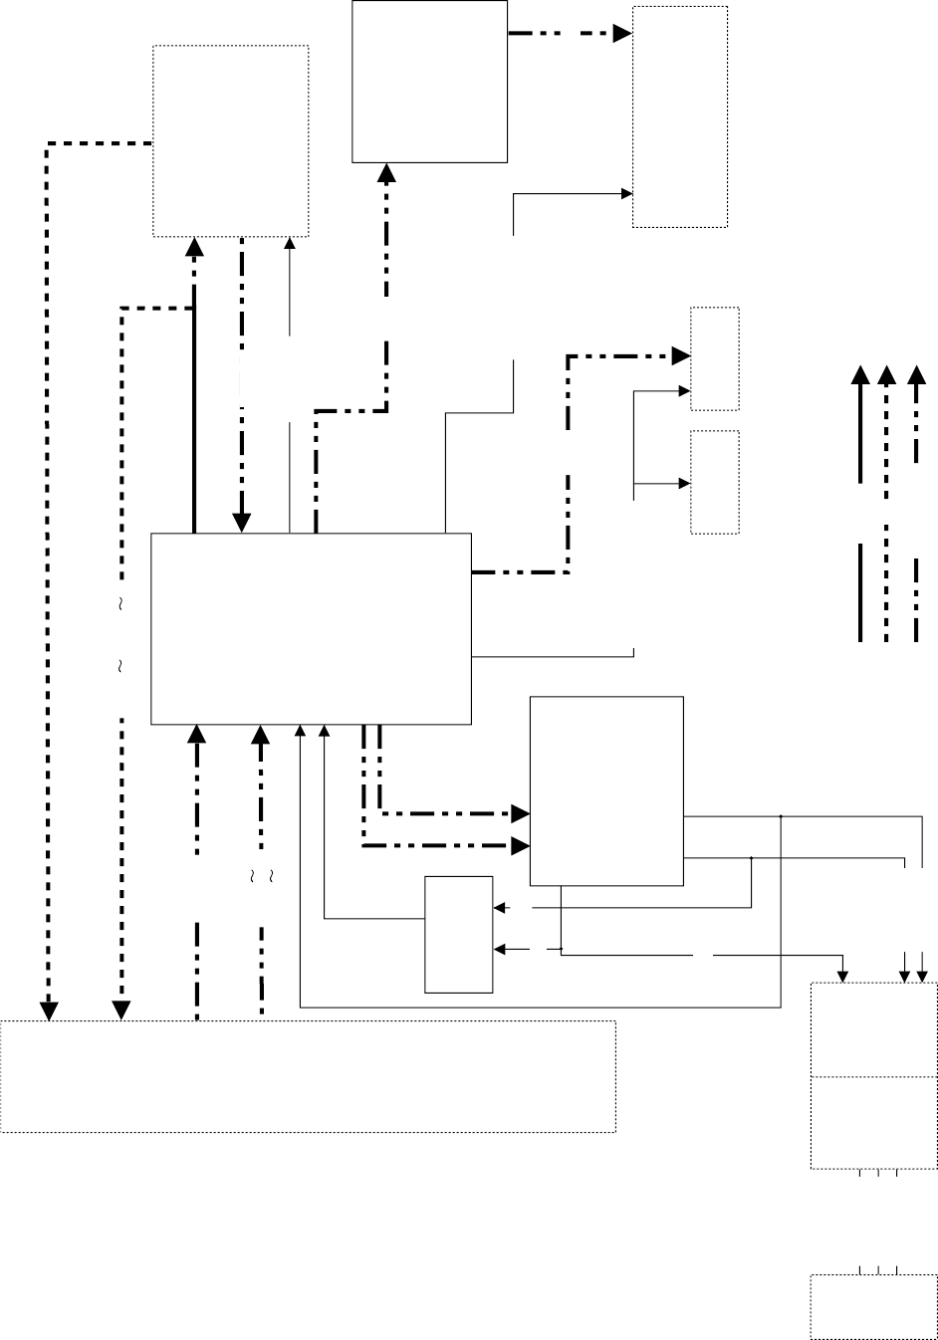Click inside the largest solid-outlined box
coord(310,628)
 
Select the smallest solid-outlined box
coord(459,934)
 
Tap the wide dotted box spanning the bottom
coord(308,1076)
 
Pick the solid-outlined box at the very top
coord(430,81)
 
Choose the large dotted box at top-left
coord(230,140)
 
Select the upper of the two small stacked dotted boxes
coord(715,358)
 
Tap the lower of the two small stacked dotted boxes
coord(715,482)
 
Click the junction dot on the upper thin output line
coord(781,817)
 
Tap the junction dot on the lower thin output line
coord(751,856)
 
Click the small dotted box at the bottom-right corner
coord(873,1305)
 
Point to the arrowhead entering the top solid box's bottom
coord(387,173)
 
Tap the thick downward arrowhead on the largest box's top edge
coord(241,522)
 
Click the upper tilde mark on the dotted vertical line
coord(120,604)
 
